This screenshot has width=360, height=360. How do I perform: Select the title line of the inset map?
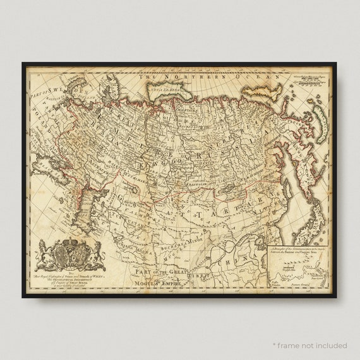pos(297,250)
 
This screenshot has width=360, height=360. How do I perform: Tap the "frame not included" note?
pos(309,345)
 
